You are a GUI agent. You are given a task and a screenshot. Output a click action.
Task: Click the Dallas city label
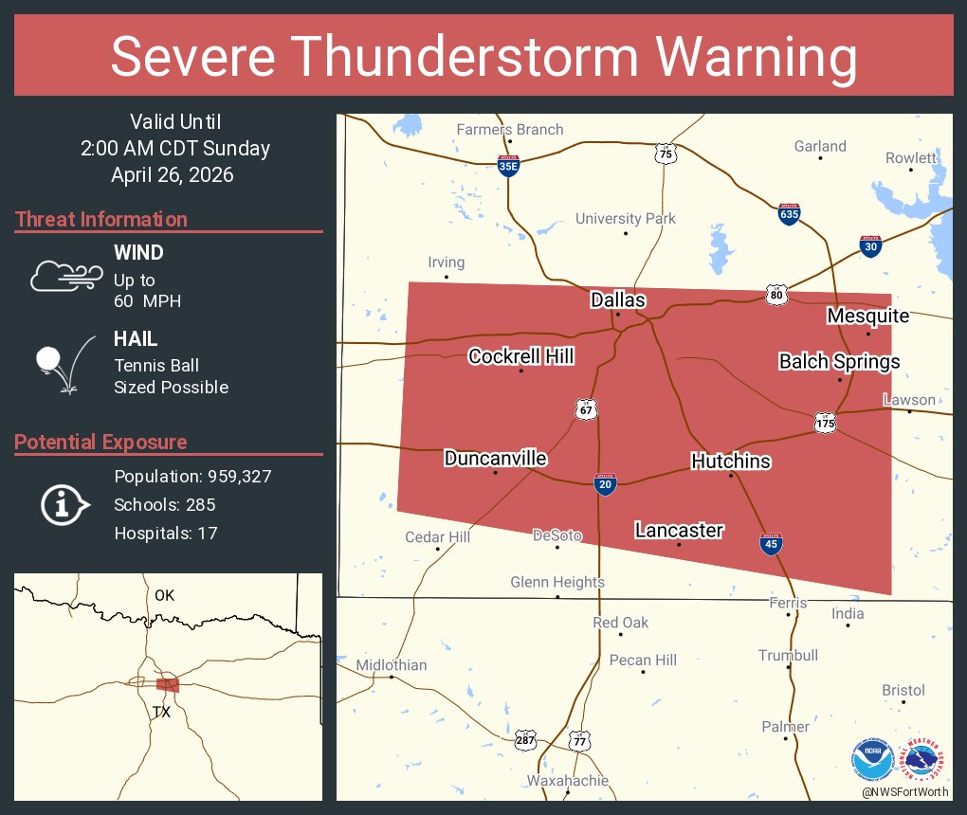click(617, 300)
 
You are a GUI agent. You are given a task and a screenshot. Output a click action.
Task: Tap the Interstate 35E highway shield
click(509, 165)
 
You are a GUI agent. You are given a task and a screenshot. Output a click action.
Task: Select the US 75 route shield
click(666, 153)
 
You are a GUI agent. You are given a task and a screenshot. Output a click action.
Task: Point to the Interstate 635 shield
click(789, 213)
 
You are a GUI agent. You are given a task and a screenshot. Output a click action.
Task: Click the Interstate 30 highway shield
click(871, 245)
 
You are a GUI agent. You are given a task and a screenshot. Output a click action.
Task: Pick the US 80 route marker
click(777, 295)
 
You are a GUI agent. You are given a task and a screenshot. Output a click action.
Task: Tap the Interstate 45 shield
click(771, 544)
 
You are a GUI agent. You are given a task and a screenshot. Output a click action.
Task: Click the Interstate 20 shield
click(604, 483)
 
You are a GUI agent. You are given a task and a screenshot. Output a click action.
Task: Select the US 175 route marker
click(824, 422)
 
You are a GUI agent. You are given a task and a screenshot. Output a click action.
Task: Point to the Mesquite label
click(867, 316)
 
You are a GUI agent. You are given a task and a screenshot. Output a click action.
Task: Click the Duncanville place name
click(495, 459)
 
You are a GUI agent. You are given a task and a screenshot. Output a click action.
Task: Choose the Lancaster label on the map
click(679, 531)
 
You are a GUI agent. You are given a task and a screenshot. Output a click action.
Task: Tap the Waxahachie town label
click(568, 781)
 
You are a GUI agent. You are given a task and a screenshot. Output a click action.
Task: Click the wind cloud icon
click(65, 276)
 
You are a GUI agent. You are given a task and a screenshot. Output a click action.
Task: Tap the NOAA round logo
click(871, 759)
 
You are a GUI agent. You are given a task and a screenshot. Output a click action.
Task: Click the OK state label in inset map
click(165, 595)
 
